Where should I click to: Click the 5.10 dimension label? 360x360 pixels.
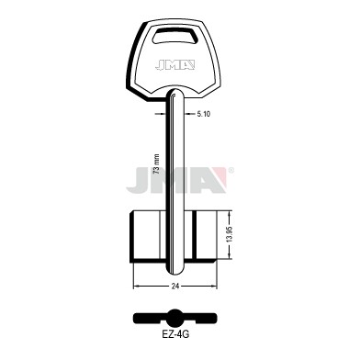pyautogui.click(x=204, y=114)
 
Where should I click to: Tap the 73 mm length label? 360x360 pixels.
pyautogui.click(x=157, y=164)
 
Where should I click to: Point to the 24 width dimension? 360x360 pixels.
pyautogui.click(x=175, y=287)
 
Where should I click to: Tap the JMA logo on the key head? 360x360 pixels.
pyautogui.click(x=174, y=65)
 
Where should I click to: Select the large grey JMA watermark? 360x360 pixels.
pyautogui.click(x=176, y=180)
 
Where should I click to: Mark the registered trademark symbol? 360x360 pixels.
pyautogui.click(x=231, y=170)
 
